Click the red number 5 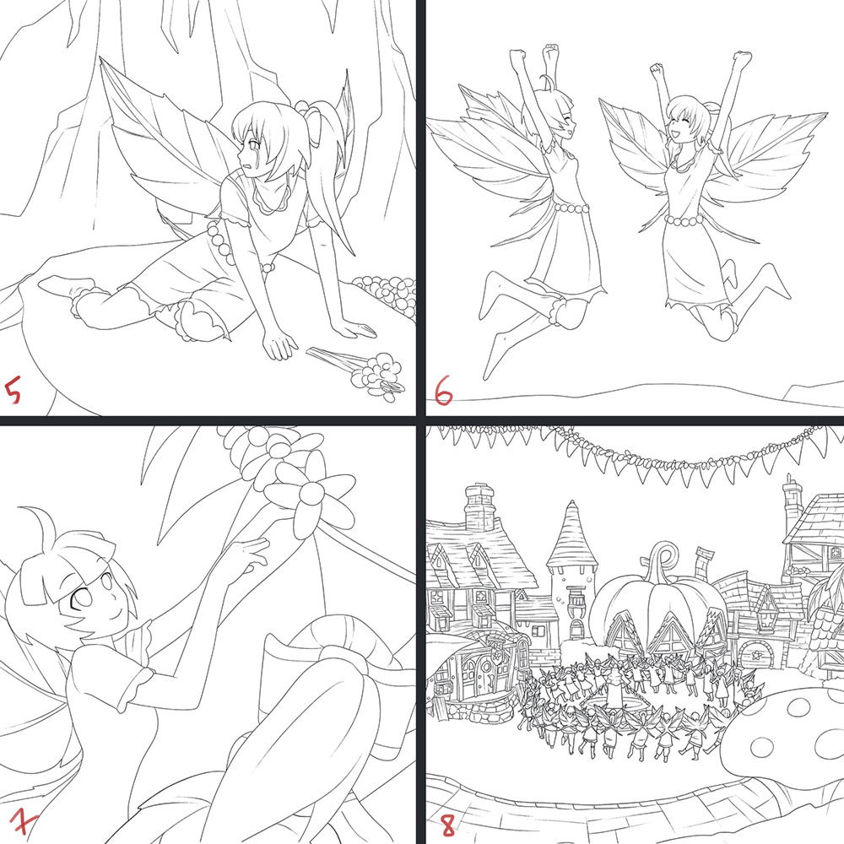[x=13, y=391]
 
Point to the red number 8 [x=448, y=825]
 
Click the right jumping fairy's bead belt [x=684, y=219]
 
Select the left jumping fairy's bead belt [x=571, y=208]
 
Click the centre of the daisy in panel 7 [x=311, y=492]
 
